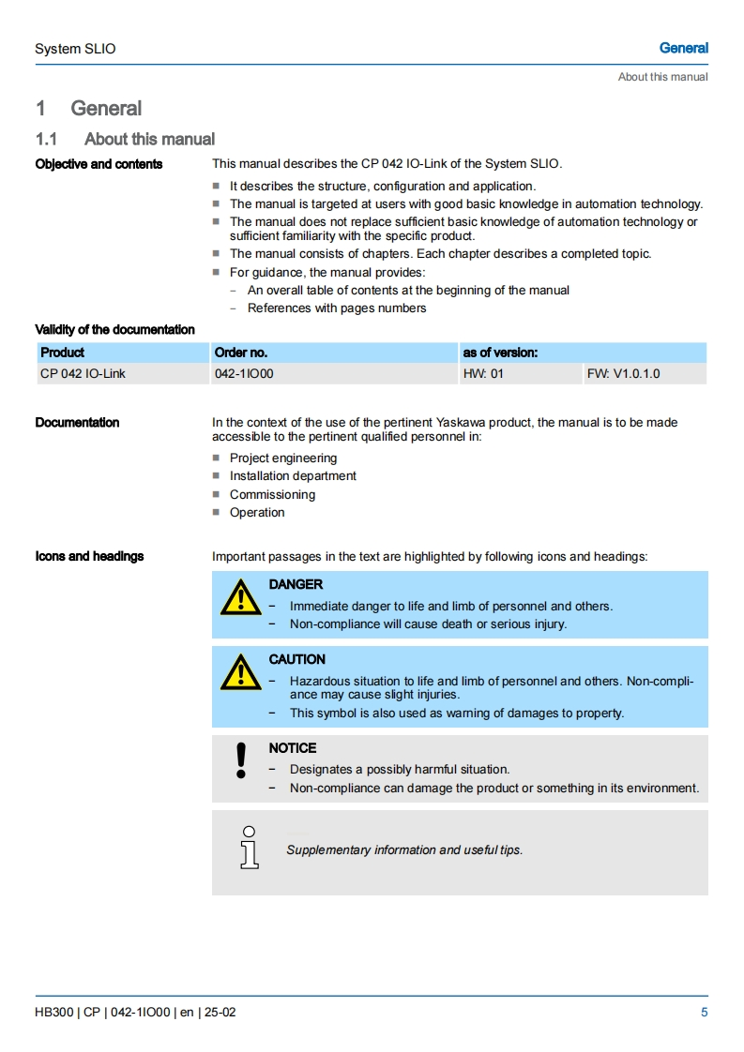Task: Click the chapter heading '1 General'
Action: (89, 109)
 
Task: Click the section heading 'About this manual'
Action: (149, 140)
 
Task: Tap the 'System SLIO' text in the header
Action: (75, 49)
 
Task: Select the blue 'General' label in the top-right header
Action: (683, 48)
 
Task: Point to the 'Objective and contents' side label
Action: (99, 165)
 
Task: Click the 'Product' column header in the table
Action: (62, 353)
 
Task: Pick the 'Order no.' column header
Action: (241, 353)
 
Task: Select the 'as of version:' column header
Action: (500, 353)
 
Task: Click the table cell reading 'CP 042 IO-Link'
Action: (83, 374)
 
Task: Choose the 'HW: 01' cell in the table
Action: (483, 374)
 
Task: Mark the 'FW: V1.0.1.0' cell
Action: (623, 374)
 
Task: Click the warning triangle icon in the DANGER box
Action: (240, 597)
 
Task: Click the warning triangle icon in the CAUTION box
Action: (240, 671)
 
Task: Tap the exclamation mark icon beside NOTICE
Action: (241, 760)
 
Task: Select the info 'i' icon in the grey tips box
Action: (249, 848)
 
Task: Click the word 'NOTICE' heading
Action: (293, 748)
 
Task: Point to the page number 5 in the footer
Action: (704, 1013)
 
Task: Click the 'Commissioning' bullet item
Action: (272, 495)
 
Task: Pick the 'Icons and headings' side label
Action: (89, 557)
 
